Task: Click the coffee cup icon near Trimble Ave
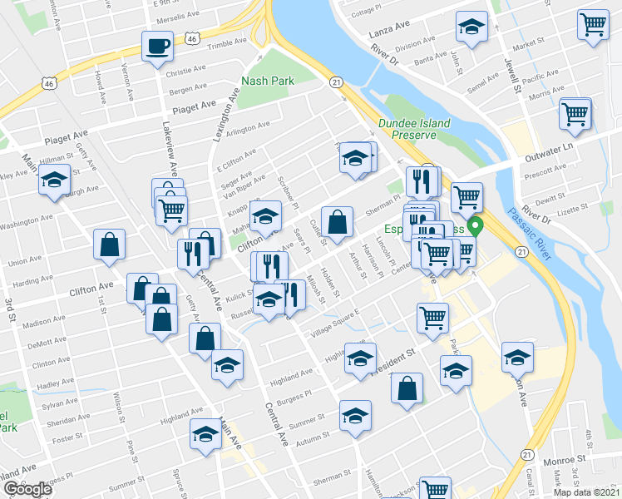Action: coord(156,47)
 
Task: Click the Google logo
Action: coord(27,489)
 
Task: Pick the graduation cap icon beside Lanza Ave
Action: coord(471,27)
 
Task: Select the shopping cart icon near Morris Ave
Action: coord(575,113)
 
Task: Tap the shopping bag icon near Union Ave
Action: coord(109,245)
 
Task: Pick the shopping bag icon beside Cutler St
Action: coord(337,223)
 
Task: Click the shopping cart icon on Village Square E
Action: coord(433,317)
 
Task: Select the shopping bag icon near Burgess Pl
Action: coord(407,388)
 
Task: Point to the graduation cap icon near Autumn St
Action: coord(355,415)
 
